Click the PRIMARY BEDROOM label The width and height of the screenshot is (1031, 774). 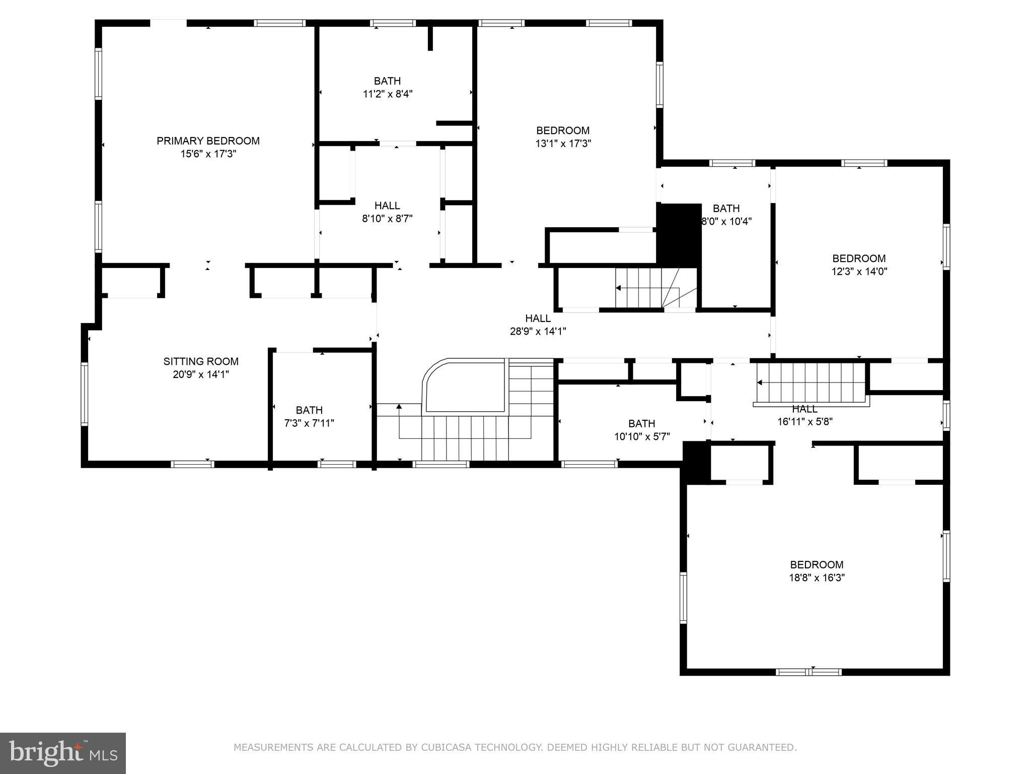208,141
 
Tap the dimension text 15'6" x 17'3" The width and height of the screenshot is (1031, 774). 208,154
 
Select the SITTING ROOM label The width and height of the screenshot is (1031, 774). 201,361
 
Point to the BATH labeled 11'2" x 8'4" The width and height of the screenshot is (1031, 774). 387,81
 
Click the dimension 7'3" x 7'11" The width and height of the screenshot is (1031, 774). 309,423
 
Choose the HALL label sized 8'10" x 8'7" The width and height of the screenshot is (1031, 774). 387,206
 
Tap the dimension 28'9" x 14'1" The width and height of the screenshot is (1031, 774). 538,332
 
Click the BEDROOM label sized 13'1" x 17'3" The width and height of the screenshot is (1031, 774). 562,131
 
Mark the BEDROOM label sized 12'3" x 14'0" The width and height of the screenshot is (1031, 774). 858,259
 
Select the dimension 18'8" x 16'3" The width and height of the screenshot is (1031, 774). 817,578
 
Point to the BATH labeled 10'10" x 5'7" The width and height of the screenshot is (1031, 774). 641,424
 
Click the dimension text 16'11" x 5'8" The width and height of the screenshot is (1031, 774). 804,422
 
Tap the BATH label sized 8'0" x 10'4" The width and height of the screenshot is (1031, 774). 726,209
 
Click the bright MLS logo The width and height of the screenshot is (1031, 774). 63,753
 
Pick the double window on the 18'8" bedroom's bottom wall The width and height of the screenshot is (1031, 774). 808,672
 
